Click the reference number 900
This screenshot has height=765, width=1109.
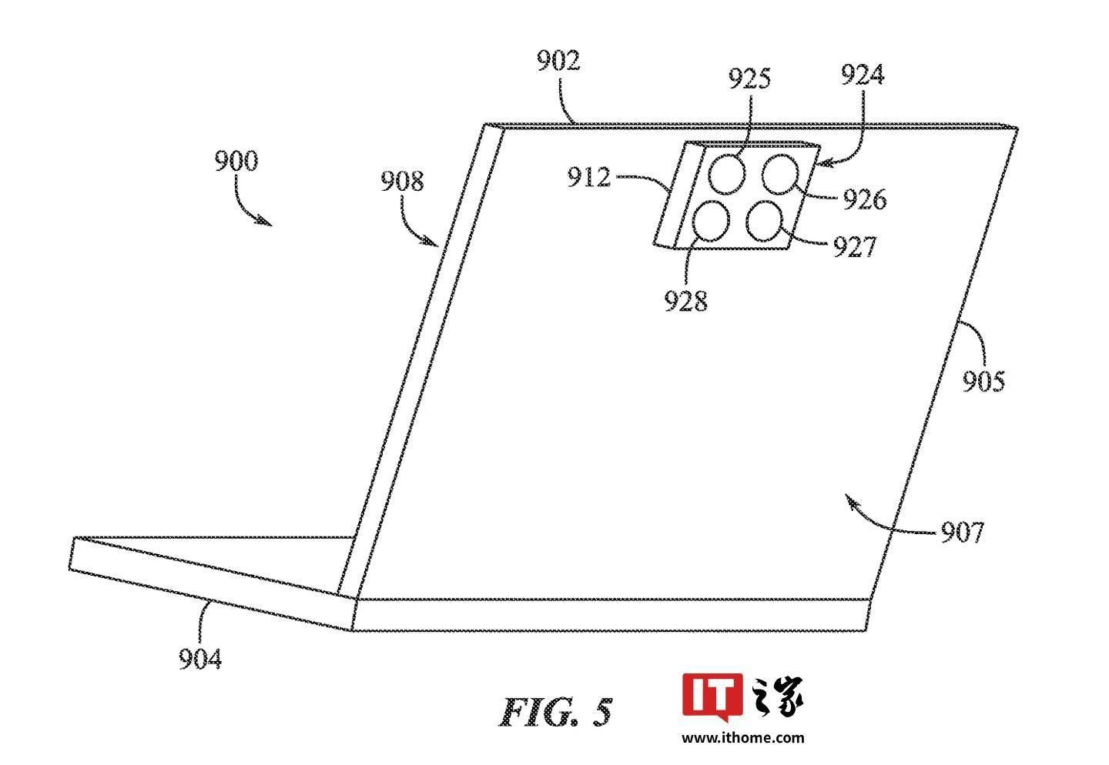coord(236,161)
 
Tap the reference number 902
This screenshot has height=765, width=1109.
coord(558,61)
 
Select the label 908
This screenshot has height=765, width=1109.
coord(402,181)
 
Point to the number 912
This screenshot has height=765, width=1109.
coord(588,177)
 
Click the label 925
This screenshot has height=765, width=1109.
coord(749,79)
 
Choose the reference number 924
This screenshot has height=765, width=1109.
coord(863,74)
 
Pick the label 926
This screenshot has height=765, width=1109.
coord(864,199)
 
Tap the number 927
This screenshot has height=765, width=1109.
coord(855,246)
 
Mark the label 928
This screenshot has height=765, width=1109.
coord(685,300)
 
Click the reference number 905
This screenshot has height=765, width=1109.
coord(983,381)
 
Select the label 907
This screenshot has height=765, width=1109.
coord(962,533)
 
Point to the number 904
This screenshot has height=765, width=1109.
coord(200,659)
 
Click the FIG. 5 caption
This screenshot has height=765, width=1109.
coord(555,712)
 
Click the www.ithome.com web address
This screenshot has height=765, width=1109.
coord(742,738)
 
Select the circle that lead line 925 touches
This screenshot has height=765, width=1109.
coord(710,174)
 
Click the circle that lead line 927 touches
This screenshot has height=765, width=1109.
coord(781,229)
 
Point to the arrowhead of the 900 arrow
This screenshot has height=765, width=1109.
coord(271,225)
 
